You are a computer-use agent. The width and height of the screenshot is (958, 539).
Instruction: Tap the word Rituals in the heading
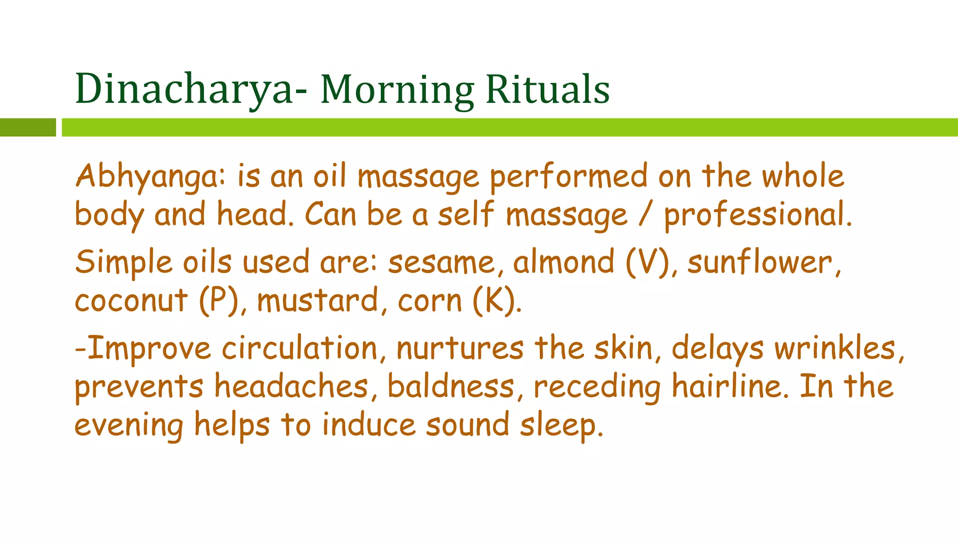click(x=547, y=89)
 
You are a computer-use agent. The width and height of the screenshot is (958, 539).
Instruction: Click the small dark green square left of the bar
click(x=28, y=127)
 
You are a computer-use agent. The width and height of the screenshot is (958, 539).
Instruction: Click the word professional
click(x=758, y=215)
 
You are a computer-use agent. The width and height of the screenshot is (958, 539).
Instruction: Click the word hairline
click(x=730, y=387)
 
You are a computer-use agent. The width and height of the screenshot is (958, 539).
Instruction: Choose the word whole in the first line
click(x=803, y=177)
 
